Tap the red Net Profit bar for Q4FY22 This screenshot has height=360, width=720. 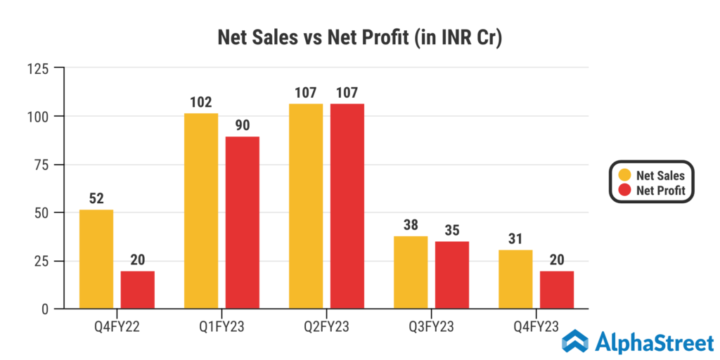pyautogui.click(x=138, y=290)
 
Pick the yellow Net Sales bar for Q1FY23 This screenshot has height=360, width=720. pyautogui.click(x=201, y=211)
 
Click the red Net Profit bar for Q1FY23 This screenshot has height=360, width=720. pyautogui.click(x=243, y=222)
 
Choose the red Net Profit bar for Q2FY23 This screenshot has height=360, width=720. pyautogui.click(x=347, y=206)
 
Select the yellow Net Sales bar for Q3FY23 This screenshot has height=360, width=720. pyautogui.click(x=411, y=272)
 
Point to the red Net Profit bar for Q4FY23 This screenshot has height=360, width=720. pyautogui.click(x=557, y=290)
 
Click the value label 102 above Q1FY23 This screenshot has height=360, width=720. pyautogui.click(x=201, y=103)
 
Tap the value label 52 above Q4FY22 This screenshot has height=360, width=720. pyautogui.click(x=96, y=199)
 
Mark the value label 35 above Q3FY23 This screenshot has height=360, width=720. pyautogui.click(x=452, y=231)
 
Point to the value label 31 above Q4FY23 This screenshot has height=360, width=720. pyautogui.click(x=515, y=239)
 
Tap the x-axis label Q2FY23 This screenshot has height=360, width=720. pyautogui.click(x=326, y=326)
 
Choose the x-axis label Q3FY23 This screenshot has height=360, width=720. pyautogui.click(x=431, y=326)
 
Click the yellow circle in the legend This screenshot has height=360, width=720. pyautogui.click(x=624, y=175)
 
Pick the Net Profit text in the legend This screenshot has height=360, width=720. pyautogui.click(x=660, y=190)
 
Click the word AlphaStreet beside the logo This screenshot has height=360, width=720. pyautogui.click(x=654, y=343)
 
